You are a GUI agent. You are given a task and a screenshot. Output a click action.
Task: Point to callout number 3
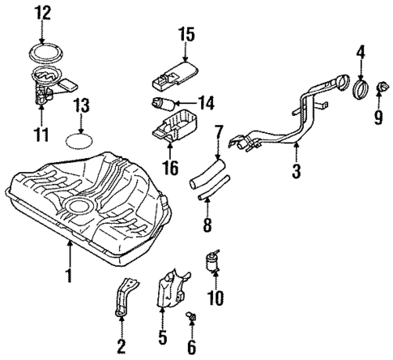pos(297,171)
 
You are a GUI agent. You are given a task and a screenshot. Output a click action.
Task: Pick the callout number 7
pos(217,131)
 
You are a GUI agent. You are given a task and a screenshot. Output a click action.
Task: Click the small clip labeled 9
pos(378,87)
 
